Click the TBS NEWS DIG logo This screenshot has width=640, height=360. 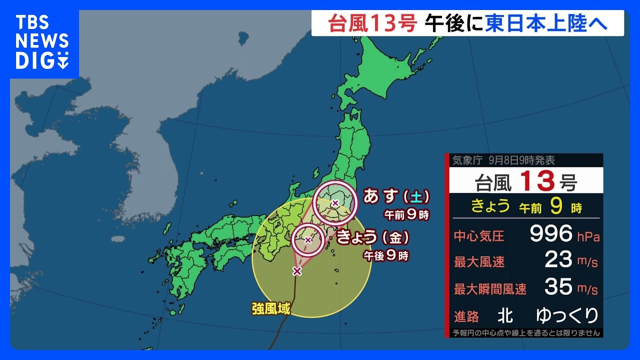click(42, 42)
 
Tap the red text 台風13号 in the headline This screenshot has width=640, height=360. click(372, 23)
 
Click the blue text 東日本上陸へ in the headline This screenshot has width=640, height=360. click(546, 23)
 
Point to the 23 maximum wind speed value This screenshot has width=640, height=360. click(558, 260)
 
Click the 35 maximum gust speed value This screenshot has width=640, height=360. click(558, 287)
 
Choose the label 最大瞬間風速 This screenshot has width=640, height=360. click(490, 289)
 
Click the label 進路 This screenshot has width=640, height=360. click(466, 316)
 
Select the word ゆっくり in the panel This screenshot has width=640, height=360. click(567, 315)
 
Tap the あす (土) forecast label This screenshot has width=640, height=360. click(396, 196)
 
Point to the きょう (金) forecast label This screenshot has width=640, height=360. click(373, 237)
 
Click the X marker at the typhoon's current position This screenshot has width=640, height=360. click(297, 271)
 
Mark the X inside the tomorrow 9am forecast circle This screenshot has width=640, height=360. click(335, 202)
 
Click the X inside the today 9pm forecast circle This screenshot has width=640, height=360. click(308, 240)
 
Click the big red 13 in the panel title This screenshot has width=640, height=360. click(537, 181)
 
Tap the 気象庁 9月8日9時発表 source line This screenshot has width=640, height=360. click(503, 161)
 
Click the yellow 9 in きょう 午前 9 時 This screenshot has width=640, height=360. click(554, 206)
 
